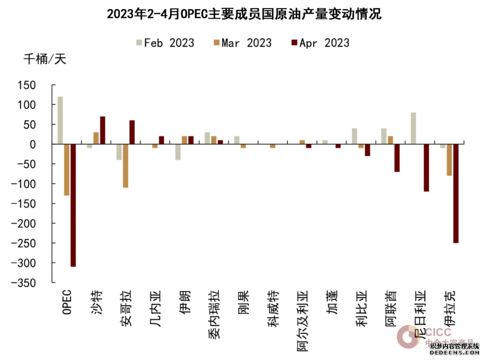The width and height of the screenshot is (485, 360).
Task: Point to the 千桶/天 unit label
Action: tap(45, 59)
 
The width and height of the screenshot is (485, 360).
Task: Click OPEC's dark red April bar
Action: tap(73, 205)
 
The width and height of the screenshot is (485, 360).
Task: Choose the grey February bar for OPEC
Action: tap(60, 120)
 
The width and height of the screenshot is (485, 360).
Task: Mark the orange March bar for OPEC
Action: tap(67, 170)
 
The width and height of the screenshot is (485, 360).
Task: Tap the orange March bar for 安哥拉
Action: tap(126, 166)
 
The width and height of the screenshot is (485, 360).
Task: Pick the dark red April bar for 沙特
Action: tap(103, 130)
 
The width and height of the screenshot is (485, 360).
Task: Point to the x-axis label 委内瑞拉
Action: tap(214, 314)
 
